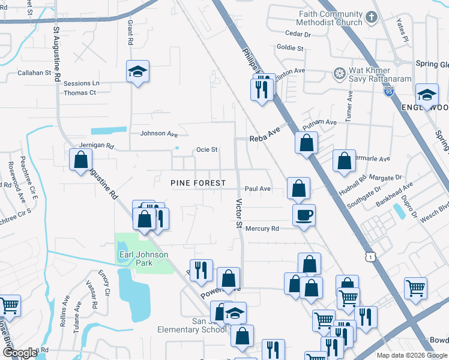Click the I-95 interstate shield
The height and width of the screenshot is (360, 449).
pos(388,92)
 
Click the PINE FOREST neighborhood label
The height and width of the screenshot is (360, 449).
pos(198,183)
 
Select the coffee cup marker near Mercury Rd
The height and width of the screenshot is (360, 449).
pos(304,214)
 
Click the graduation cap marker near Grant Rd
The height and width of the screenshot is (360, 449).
pos(138,73)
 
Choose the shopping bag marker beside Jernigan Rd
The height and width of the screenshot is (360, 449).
pos(80,160)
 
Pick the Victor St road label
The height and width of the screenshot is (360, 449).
pos(238,214)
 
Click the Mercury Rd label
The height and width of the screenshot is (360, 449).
pos(262,229)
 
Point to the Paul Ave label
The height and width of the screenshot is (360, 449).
pos(258,189)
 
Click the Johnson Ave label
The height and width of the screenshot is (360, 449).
pos(159,134)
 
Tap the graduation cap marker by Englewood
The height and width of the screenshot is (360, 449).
pos(427,95)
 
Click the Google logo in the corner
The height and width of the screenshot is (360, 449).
pos(19,353)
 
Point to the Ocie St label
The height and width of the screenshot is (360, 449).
pos(206,150)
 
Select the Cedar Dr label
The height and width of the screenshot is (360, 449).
pos(298,34)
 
